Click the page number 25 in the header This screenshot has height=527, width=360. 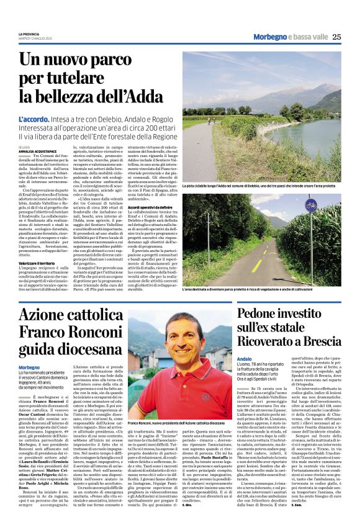[336, 37]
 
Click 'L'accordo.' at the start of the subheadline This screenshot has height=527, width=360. [33, 117]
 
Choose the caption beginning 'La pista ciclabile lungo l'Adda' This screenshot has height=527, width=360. [261, 186]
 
